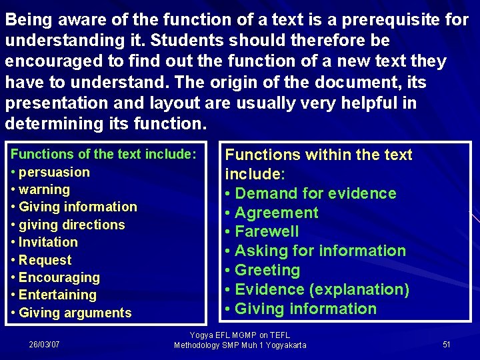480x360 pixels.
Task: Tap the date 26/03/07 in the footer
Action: coord(44,344)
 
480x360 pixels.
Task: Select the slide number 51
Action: coord(447,344)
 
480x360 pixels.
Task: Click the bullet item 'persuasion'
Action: coord(54,172)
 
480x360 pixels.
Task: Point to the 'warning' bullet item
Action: coord(44,189)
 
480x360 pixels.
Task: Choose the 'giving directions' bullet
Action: coord(71,225)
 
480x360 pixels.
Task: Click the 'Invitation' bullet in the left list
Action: coord(48,242)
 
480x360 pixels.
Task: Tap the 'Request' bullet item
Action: coord(45,260)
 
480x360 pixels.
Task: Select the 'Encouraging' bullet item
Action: coord(59,277)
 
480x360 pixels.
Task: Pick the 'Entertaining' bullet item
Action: coord(57,295)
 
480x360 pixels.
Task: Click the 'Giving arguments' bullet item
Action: coord(75,313)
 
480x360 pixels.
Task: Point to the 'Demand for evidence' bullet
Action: coord(315,193)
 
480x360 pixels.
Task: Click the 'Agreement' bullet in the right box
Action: coord(277,213)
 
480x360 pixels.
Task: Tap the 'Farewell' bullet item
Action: coord(267,231)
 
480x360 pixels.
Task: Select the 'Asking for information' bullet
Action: coord(320,251)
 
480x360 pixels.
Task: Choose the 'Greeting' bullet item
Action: coord(267,270)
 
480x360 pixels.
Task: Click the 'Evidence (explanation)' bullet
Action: coord(322,289)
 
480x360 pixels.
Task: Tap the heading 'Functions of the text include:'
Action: coord(104,154)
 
